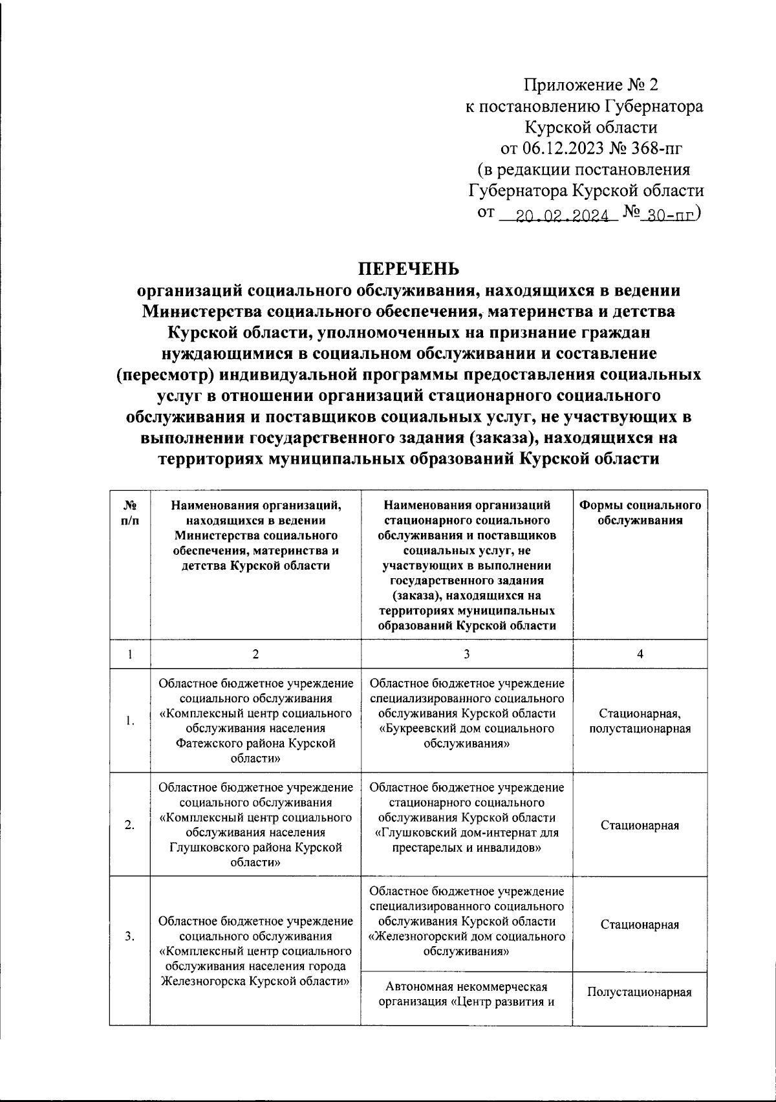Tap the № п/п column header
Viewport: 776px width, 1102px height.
tap(129, 512)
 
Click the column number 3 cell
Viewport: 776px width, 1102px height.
tap(466, 654)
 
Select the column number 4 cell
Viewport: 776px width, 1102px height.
tap(640, 654)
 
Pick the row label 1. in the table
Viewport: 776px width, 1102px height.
tap(130, 721)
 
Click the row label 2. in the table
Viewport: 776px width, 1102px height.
tap(130, 825)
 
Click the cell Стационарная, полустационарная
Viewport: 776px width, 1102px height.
tap(640, 721)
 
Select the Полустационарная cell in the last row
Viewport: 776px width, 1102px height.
tap(640, 992)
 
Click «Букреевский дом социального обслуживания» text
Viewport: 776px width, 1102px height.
tap(466, 736)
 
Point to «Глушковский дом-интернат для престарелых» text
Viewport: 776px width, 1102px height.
tap(466, 832)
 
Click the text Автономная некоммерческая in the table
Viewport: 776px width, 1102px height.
tap(466, 987)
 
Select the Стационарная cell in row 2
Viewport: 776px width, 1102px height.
tap(640, 825)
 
